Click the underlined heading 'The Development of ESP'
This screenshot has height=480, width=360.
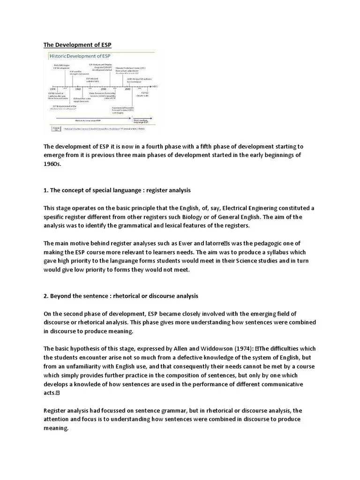tap(77, 45)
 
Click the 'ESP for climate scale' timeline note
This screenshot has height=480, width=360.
tap(144, 94)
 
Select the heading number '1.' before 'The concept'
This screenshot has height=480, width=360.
tap(46, 191)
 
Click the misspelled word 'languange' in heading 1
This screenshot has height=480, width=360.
tap(136, 191)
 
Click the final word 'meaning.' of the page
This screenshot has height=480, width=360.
tap(56, 428)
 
